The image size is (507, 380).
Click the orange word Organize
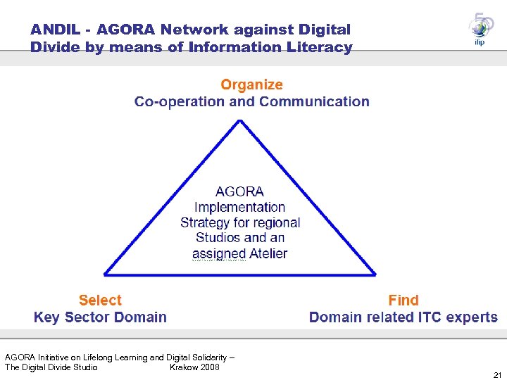(x=251, y=85)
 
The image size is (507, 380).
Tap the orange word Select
(x=100, y=300)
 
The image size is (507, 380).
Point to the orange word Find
(x=403, y=300)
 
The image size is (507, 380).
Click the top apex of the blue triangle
(x=241, y=121)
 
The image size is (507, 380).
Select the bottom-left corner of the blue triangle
(x=106, y=274)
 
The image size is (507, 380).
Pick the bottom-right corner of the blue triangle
(x=375, y=274)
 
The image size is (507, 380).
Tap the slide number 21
(x=498, y=374)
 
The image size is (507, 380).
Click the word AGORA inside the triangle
(x=240, y=191)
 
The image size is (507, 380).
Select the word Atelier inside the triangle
(x=265, y=253)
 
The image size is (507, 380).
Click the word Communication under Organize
(x=314, y=102)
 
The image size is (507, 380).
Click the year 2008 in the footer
(x=208, y=367)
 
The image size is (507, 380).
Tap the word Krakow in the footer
(x=183, y=367)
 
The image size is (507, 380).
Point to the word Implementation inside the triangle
(x=240, y=207)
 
